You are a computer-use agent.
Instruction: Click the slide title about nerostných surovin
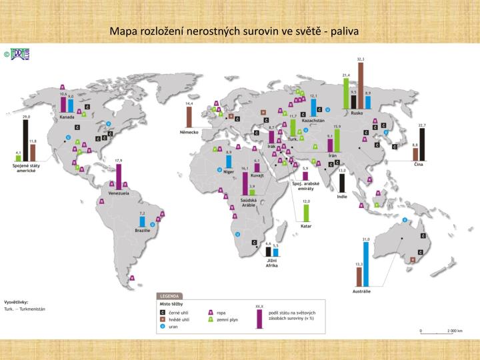tap(235, 31)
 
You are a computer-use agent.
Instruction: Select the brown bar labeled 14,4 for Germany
tap(189, 117)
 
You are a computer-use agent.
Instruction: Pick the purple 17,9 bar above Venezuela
tap(119, 176)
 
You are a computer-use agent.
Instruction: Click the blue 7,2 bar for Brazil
tap(141, 221)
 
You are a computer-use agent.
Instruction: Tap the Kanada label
tap(67, 117)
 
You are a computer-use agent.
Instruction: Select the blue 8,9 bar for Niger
tap(229, 161)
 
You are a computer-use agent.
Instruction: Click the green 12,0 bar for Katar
tap(307, 213)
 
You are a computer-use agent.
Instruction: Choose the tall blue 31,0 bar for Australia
tap(365, 264)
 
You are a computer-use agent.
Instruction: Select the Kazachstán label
tap(313, 120)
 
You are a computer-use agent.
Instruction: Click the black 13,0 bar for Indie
tap(342, 183)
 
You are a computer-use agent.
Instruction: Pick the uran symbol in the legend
tap(162, 327)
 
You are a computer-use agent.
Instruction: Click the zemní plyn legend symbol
tap(211, 319)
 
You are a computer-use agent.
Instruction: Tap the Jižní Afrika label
tap(271, 263)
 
